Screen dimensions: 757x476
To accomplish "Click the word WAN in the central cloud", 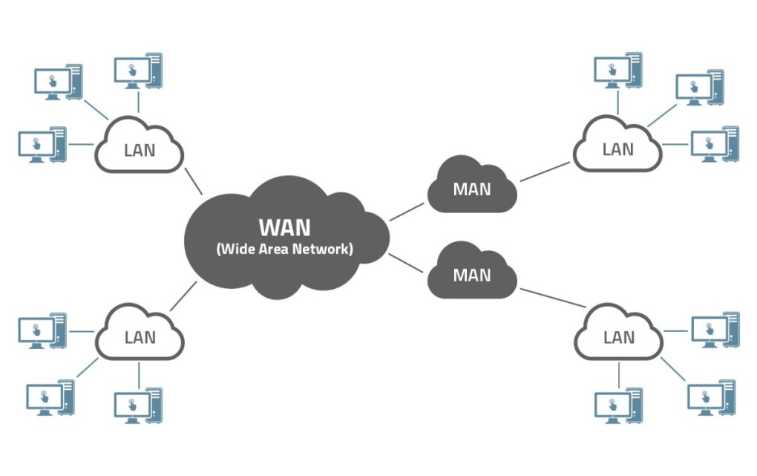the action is coord(285,228).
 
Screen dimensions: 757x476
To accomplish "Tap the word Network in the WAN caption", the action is coord(323,249).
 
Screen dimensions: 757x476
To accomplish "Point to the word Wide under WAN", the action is coord(236,249).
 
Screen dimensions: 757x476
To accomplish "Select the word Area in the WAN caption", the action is coord(274,249).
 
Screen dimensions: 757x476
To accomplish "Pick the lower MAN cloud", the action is coord(472,271).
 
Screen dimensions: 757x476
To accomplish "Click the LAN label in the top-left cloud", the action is coord(140,150).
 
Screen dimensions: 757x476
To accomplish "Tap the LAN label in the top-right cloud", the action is coord(618,149).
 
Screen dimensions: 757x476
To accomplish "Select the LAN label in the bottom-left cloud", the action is coord(140,337).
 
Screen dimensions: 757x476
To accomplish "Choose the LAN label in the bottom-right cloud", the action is coord(619,337).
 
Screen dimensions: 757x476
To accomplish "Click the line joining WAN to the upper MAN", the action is coord(407,212).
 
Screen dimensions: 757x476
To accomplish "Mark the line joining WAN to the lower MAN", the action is coord(405,263).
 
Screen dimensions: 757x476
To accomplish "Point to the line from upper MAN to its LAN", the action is coord(545,172).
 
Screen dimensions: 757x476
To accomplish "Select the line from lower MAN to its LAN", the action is coord(553,298).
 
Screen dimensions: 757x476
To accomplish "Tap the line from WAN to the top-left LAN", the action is coord(193,181).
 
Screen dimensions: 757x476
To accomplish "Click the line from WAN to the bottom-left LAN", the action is coord(183,296).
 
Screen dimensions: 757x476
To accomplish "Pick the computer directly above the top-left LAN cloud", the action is coord(138,71).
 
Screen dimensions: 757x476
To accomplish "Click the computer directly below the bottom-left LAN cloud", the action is coord(138,405).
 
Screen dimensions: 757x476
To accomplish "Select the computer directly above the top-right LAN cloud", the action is coord(618,70).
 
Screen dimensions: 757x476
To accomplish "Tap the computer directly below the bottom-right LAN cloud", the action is coord(618,405).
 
